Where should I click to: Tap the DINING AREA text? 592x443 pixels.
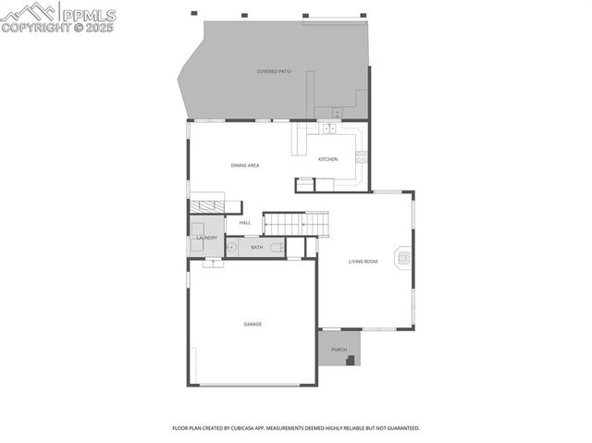[x=245, y=166]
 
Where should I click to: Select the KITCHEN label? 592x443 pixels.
[x=328, y=159]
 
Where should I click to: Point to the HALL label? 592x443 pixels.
[x=245, y=223]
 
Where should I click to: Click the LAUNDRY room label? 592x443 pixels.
[x=206, y=238]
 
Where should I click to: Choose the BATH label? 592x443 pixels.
[x=256, y=247]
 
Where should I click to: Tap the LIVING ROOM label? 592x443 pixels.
[x=364, y=262]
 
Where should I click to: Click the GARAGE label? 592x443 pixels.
[x=253, y=324]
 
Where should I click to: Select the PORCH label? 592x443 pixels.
[x=339, y=350]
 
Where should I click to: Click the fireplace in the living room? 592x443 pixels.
[x=402, y=258]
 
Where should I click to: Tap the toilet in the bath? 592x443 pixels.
[x=277, y=247]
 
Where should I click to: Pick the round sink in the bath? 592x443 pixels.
[x=233, y=247]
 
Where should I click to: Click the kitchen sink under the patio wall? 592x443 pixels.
[x=329, y=129]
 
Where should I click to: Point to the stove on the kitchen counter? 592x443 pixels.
[x=362, y=156]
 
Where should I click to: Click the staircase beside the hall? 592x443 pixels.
[x=296, y=223]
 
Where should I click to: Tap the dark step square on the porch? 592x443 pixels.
[x=351, y=361]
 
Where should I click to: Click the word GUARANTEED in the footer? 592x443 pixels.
[x=401, y=428]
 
